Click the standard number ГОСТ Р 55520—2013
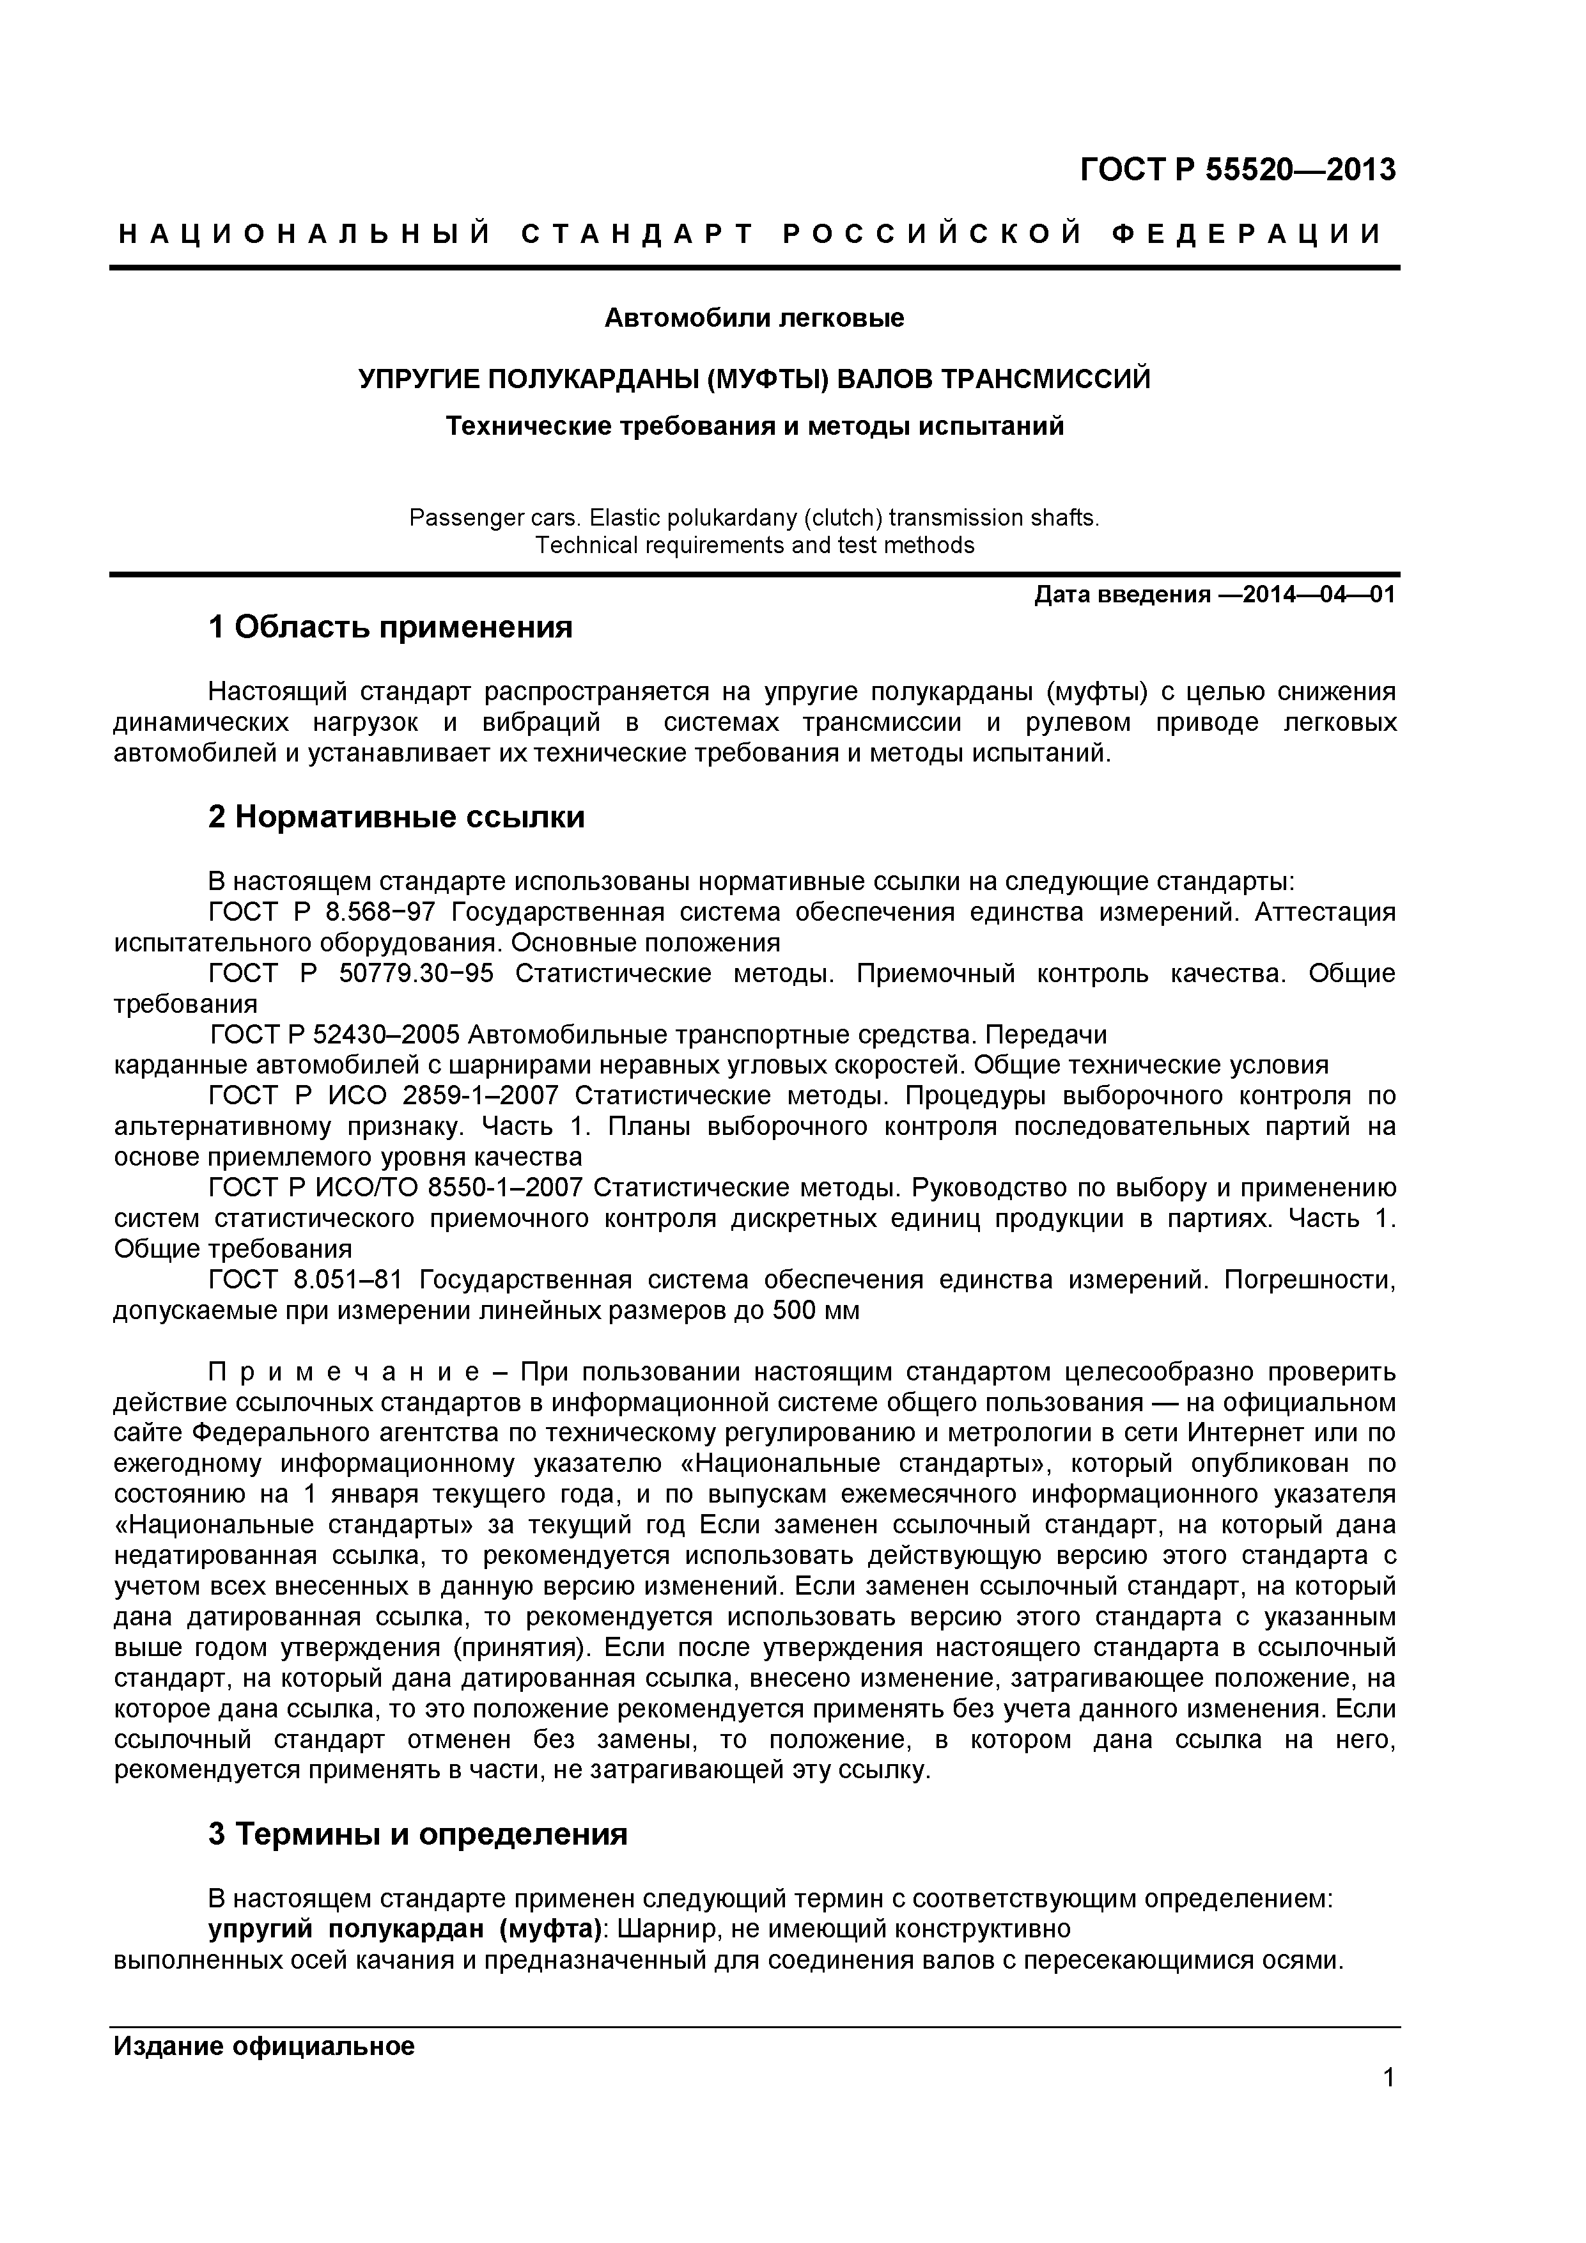(x=1238, y=170)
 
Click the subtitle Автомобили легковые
(x=754, y=318)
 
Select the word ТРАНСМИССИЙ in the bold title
(x=1045, y=378)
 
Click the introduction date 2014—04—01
(x=1308, y=595)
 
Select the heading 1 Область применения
(x=390, y=626)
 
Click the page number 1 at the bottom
(x=1388, y=2078)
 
